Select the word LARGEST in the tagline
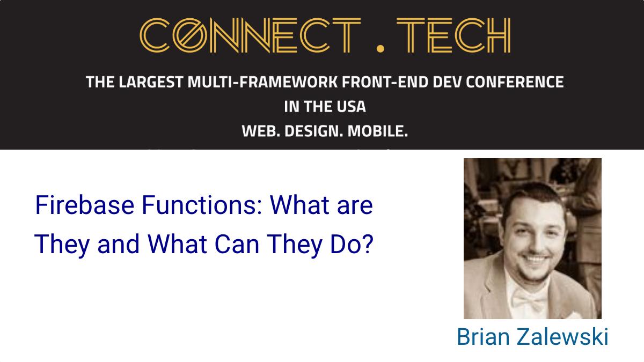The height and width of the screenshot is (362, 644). pos(151,82)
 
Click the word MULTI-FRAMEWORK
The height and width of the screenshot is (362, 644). pos(262,82)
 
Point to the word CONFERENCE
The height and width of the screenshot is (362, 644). pos(515,82)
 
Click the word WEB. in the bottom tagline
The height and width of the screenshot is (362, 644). pos(261,131)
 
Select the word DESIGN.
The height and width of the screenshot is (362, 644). pos(313,131)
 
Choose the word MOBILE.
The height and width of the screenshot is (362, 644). pos(378,131)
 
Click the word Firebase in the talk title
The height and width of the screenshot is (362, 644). pos(85,205)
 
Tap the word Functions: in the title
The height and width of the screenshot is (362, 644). pos(202,205)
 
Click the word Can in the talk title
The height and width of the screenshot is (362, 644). pos(237,244)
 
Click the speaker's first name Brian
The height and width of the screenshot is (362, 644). pos(484,336)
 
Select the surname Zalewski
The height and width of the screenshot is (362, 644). pos(562,336)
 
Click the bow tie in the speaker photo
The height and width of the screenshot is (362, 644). pos(529,299)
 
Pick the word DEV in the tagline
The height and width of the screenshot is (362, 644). pos(447,82)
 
